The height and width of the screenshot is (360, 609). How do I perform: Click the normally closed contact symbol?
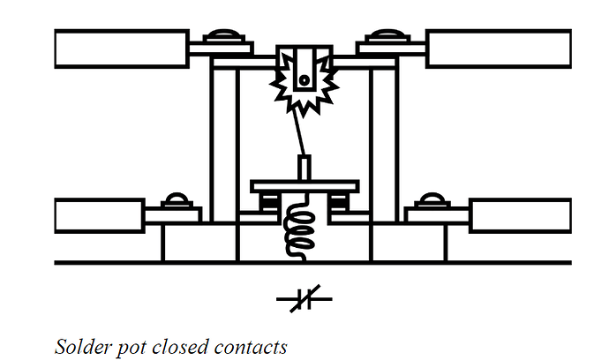pos(304,298)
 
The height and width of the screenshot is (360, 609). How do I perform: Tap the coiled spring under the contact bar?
pos(298,229)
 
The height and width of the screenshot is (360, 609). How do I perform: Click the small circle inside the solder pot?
pos(304,80)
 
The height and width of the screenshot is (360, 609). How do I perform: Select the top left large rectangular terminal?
pos(122,49)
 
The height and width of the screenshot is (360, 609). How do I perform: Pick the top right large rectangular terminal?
pos(499,49)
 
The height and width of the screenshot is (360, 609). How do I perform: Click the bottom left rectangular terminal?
pos(100,215)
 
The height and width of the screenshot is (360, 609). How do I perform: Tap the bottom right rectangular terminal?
pos(521,215)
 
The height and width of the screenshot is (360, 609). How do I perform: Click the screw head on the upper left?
pos(224,35)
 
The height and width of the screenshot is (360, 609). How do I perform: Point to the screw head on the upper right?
pos(387,35)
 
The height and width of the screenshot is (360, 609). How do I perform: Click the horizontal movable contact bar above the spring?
pos(304,186)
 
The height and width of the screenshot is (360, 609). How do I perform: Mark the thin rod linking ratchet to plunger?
pos(299,133)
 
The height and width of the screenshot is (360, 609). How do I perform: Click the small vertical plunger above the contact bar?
pos(304,168)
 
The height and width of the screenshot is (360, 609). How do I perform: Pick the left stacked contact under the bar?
pos(269,202)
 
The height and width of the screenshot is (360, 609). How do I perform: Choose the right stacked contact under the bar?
pos(338,202)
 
